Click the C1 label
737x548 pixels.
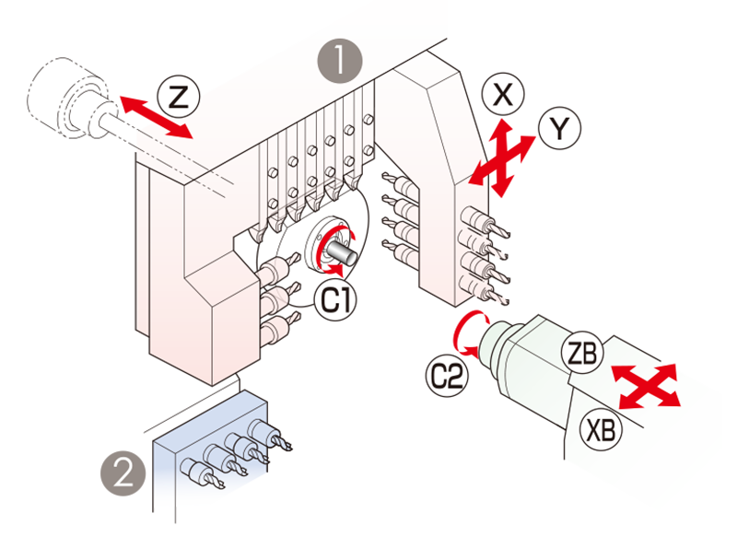click(337, 297)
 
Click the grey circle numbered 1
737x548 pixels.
click(340, 63)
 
